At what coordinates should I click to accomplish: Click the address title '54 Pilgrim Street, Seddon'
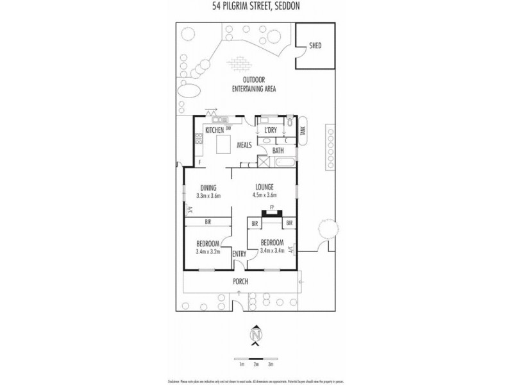tap(256, 8)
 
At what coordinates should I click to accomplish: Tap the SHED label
tap(315, 46)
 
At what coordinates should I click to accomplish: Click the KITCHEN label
tap(214, 130)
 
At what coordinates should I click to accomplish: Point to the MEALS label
tap(244, 145)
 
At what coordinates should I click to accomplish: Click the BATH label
tap(278, 151)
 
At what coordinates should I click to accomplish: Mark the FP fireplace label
tap(272, 207)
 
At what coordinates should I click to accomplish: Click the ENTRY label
tap(239, 254)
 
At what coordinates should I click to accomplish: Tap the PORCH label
tap(240, 281)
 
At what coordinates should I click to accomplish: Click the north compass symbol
tap(256, 335)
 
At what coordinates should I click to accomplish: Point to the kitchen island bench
tap(223, 146)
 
